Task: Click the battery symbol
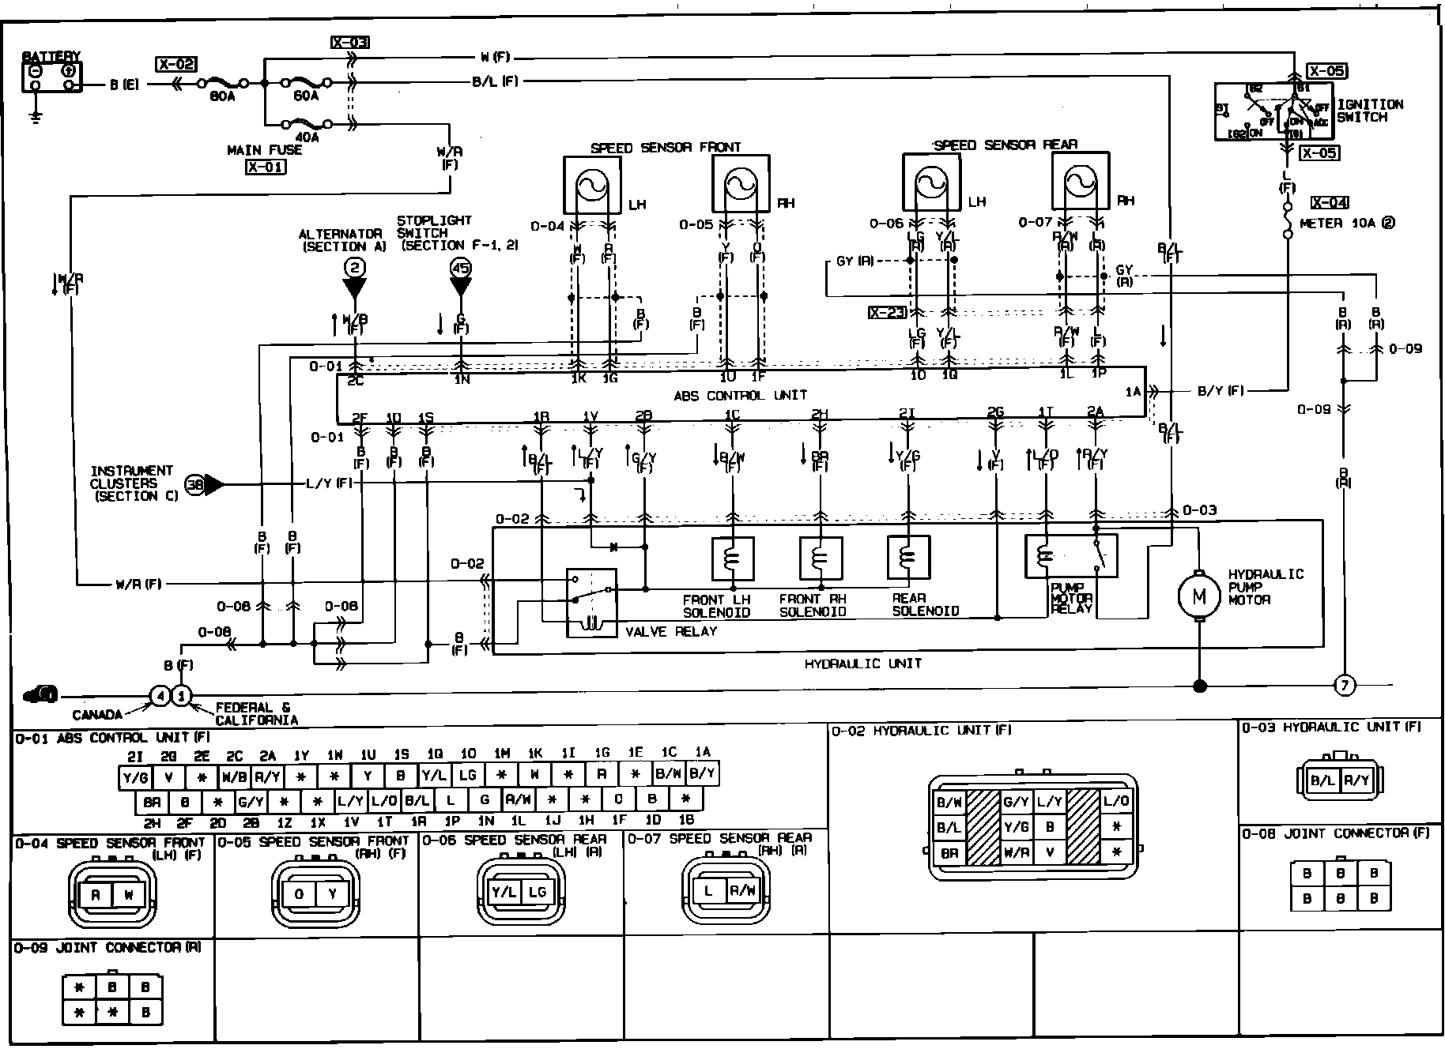pos(51,77)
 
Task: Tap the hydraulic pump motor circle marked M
pos(1199,596)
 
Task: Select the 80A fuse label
pos(223,96)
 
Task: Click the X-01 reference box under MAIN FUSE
pos(265,167)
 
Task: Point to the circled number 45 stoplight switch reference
pos(460,268)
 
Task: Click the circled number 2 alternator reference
pos(355,268)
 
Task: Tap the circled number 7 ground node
pos(1344,685)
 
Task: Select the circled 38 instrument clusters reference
pos(194,484)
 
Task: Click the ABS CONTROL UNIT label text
pos(740,395)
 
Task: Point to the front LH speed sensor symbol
pos(592,185)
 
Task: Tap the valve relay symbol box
pos(591,603)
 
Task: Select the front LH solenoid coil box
pos(733,558)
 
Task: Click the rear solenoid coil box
pos(908,558)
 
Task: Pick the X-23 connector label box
pos(887,313)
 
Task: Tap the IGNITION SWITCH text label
pos(1370,111)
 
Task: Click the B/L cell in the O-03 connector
pos(1322,780)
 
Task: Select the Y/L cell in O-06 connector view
pos(504,892)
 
